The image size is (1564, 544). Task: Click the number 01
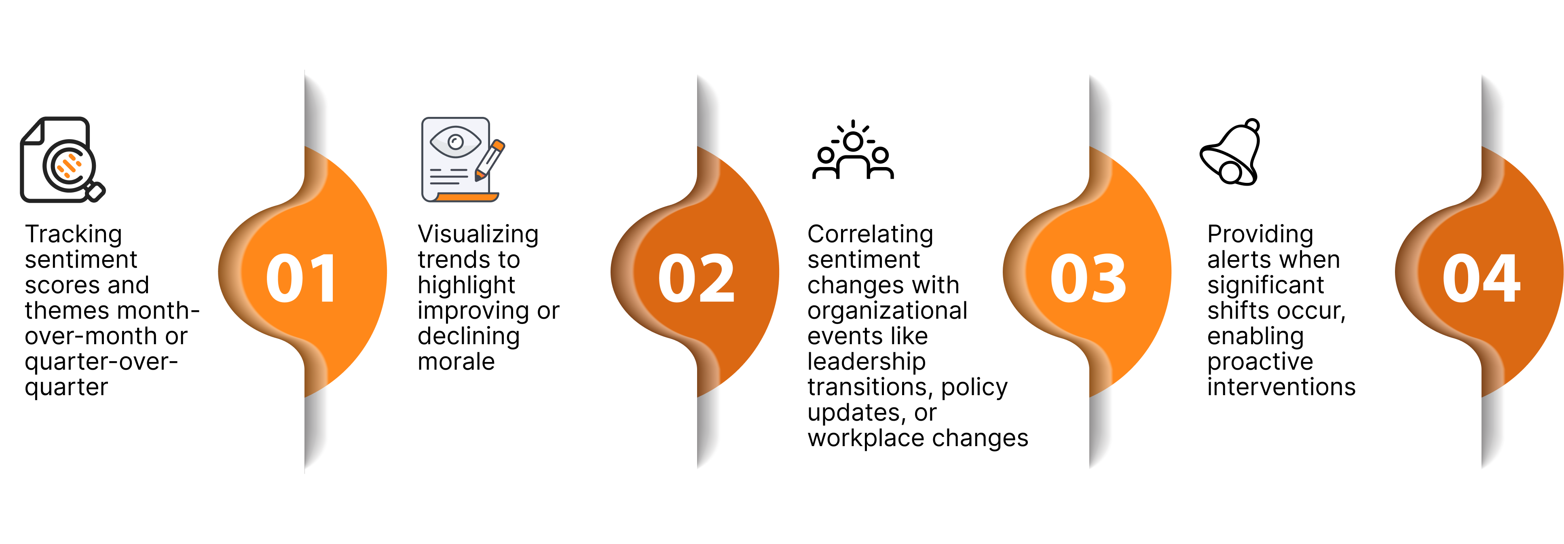click(301, 278)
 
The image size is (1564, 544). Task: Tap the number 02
click(696, 278)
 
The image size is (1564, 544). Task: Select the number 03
click(1088, 278)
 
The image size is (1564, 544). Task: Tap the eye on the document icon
click(455, 142)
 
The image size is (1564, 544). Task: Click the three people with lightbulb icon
click(853, 150)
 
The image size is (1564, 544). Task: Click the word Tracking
click(74, 234)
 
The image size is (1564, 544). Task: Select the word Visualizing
click(478, 234)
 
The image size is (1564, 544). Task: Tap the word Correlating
click(870, 234)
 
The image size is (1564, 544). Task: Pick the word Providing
click(1260, 234)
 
